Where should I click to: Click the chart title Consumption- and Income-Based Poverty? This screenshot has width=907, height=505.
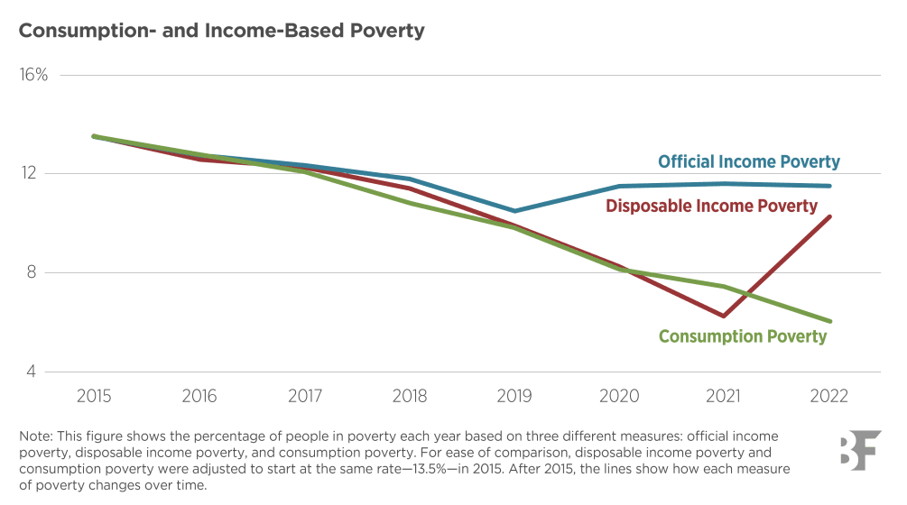pyautogui.click(x=221, y=31)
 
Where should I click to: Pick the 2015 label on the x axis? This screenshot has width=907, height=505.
pyautogui.click(x=95, y=397)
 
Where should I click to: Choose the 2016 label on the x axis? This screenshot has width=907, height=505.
pyautogui.click(x=199, y=397)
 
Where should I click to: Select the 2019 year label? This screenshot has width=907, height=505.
pyautogui.click(x=514, y=397)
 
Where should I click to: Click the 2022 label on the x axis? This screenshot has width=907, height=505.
pyautogui.click(x=828, y=397)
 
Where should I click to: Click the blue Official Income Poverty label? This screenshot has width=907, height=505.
pyautogui.click(x=748, y=162)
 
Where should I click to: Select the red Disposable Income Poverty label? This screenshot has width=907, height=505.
pyautogui.click(x=711, y=207)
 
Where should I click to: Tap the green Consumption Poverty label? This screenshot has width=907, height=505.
pyautogui.click(x=742, y=336)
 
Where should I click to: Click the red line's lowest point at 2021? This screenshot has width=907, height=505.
pyautogui.click(x=723, y=316)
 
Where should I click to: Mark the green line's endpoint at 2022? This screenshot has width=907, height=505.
pyautogui.click(x=829, y=321)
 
